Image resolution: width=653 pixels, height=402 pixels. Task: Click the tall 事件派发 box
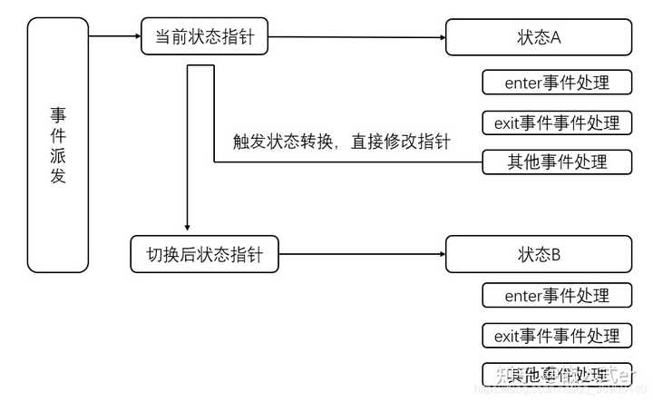58,145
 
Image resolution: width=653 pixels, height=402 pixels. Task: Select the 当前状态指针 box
205,37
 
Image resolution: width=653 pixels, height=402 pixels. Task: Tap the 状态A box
538,37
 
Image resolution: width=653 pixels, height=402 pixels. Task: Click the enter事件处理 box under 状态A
556,83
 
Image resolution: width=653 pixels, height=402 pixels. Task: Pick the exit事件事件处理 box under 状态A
556,123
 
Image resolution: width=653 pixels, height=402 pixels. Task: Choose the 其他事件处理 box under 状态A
556,162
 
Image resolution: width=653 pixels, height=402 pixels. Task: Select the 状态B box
538,254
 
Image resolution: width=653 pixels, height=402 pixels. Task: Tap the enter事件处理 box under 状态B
556,296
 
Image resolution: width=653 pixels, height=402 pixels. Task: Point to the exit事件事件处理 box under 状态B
556,336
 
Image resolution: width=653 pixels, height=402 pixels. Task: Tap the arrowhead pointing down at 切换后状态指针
187,227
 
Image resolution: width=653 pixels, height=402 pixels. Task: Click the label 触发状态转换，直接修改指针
341,142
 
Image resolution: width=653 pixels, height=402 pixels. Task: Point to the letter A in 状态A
556,38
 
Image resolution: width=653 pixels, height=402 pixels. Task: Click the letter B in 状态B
556,255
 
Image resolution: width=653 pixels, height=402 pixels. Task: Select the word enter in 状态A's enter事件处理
523,83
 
